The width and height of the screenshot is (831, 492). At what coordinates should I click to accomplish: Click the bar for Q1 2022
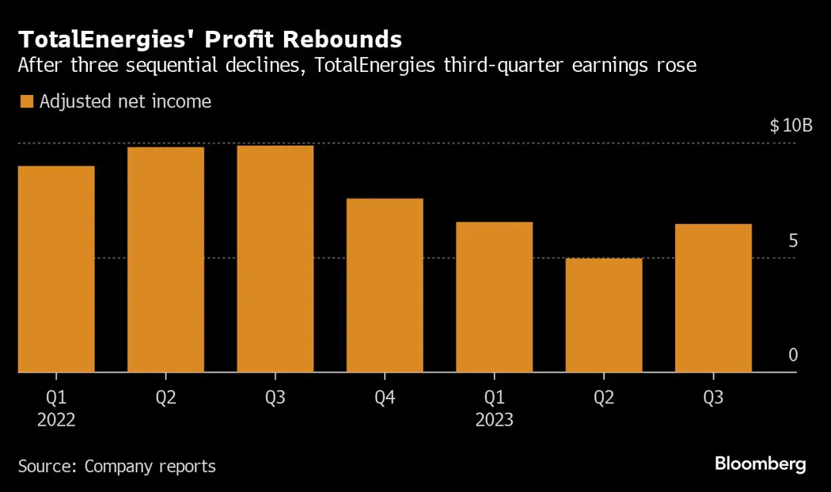coord(56,269)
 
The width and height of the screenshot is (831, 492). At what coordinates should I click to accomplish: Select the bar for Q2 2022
coord(165,259)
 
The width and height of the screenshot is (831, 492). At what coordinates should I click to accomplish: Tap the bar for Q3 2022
coord(275,259)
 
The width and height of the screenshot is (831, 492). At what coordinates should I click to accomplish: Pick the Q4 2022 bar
coord(385,285)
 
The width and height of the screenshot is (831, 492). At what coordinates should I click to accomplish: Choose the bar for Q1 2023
coord(495,297)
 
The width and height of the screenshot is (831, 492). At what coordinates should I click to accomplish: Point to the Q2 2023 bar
coord(604,315)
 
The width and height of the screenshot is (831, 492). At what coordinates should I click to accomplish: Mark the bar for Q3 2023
coord(713,297)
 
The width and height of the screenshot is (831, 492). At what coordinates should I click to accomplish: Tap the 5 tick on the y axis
coord(792,241)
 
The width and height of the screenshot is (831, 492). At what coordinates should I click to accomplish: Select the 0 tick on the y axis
coord(792,356)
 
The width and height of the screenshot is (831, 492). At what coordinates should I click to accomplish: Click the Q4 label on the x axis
coord(385,397)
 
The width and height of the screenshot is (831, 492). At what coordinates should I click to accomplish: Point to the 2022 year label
coord(56,420)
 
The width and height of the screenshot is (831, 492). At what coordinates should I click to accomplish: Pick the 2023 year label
coord(495,420)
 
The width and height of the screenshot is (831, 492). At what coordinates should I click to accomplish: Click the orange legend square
coord(26,101)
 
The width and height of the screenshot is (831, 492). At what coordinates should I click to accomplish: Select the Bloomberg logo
coord(761,464)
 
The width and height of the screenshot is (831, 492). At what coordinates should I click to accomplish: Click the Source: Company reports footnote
coord(116,466)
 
